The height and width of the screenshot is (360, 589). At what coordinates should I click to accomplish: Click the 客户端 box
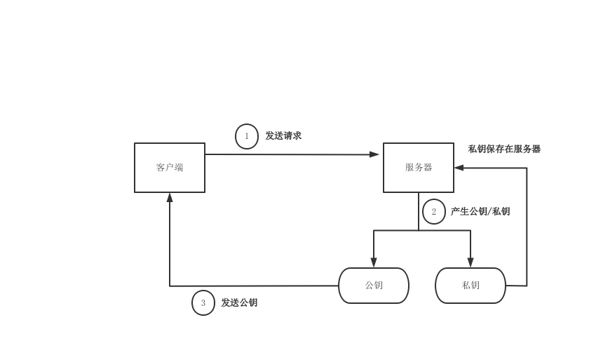point(170,168)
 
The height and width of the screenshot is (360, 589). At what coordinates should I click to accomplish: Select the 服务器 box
point(419,168)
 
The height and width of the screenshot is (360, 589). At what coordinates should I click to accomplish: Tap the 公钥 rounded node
point(374,286)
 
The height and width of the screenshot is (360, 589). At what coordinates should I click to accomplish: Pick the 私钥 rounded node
point(470,286)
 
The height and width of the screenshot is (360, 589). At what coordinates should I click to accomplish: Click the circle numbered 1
point(247,136)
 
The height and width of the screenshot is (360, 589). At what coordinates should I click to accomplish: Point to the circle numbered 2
point(434,212)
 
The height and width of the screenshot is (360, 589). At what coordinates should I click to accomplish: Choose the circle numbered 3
point(203,303)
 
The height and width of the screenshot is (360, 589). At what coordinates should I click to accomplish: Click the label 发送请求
point(283,135)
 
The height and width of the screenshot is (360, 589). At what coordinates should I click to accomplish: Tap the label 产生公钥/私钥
point(480,211)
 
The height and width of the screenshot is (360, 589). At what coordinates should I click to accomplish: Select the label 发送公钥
point(240,302)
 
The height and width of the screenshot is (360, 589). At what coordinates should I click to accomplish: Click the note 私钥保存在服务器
point(505,149)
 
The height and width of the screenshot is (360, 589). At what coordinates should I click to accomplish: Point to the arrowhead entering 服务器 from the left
point(375,154)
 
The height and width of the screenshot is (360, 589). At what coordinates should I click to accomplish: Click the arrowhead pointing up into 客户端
point(170,198)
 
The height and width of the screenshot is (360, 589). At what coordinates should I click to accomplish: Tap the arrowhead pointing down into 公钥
point(374,262)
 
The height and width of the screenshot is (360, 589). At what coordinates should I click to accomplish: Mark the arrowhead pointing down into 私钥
point(470,262)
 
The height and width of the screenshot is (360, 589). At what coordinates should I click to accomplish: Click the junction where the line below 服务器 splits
point(419,230)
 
